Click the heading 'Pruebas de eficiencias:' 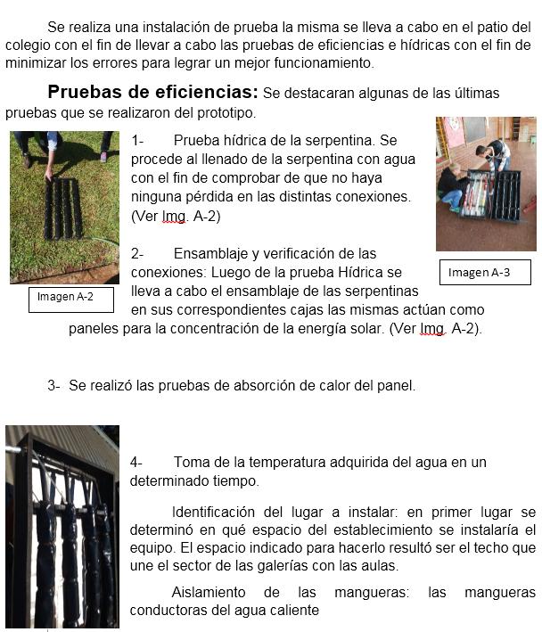pos(152,92)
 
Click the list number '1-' pos(138,141)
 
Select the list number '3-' pos(54,385)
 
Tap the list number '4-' pos(137,462)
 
